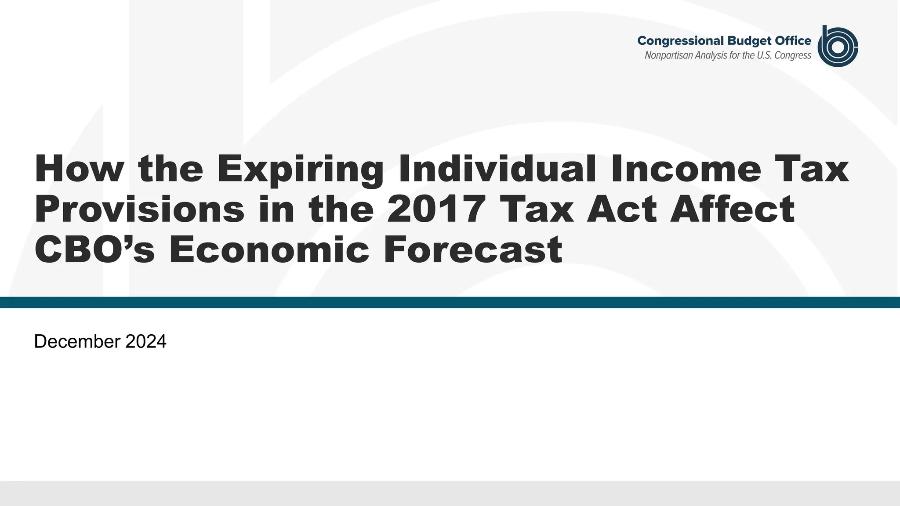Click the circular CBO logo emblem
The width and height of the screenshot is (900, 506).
[x=838, y=46]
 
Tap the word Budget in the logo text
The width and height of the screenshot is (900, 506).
[x=749, y=41]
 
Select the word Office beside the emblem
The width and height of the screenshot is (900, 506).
[x=793, y=41]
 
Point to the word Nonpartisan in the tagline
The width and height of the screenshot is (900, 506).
[x=669, y=55]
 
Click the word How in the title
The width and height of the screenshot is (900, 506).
[x=79, y=169]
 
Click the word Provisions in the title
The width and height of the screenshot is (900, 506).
[x=139, y=210]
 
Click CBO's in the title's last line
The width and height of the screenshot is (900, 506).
[x=94, y=249]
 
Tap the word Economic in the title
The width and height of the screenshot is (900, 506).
[x=269, y=249]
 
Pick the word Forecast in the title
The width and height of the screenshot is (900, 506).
[x=473, y=249]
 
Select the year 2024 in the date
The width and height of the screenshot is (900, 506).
[x=145, y=342]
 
